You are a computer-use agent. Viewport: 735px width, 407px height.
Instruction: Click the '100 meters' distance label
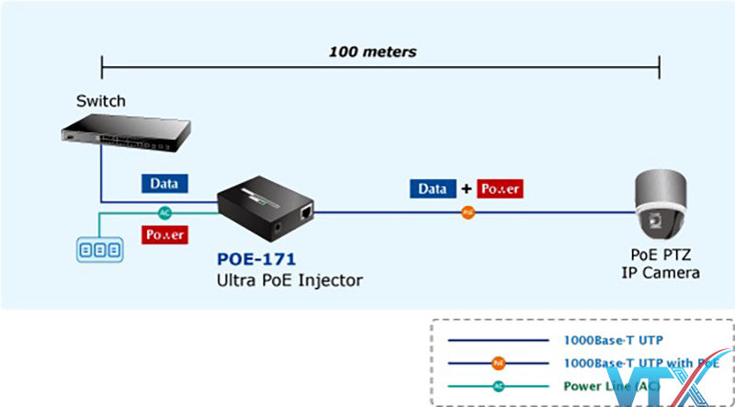pyautogui.click(x=372, y=51)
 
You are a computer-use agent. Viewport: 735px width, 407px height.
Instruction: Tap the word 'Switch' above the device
pyautogui.click(x=101, y=101)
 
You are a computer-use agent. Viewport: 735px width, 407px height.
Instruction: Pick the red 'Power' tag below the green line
pyautogui.click(x=165, y=234)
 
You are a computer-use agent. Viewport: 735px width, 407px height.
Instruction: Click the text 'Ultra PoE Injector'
pyautogui.click(x=289, y=280)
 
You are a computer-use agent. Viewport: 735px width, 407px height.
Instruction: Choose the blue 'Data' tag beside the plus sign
pyautogui.click(x=433, y=189)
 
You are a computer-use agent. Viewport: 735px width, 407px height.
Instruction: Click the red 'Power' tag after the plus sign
pyautogui.click(x=500, y=189)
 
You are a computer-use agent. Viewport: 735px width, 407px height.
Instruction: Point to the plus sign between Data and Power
pyautogui.click(x=467, y=189)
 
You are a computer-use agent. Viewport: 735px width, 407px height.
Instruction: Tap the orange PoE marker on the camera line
pyautogui.click(x=468, y=213)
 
